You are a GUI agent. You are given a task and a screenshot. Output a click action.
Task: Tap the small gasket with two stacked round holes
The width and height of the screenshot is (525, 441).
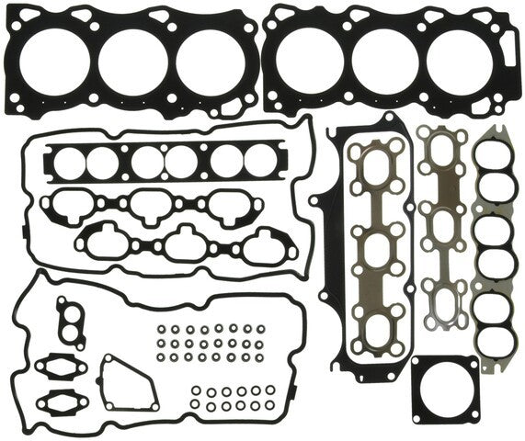[x=68, y=321]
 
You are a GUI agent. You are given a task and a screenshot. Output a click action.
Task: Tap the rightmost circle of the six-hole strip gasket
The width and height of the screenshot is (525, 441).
[x=259, y=162]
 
